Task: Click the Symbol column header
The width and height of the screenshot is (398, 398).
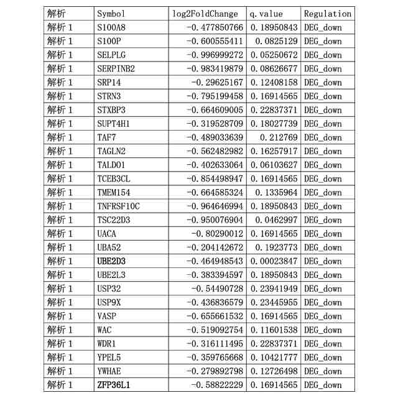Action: click(111, 14)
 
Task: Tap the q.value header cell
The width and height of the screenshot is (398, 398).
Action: click(266, 14)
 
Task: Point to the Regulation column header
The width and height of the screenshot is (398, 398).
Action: click(328, 14)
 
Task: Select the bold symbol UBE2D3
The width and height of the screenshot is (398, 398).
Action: click(111, 261)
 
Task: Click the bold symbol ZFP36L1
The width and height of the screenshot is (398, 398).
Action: click(114, 385)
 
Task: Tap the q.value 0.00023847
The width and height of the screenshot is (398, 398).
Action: click(274, 261)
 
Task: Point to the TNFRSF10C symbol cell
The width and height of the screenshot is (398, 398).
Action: click(119, 206)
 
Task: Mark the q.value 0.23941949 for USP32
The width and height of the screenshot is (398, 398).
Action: click(274, 289)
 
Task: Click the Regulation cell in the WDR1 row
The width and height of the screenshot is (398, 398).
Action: click(323, 343)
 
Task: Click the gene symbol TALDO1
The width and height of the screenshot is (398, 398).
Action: click(111, 165)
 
